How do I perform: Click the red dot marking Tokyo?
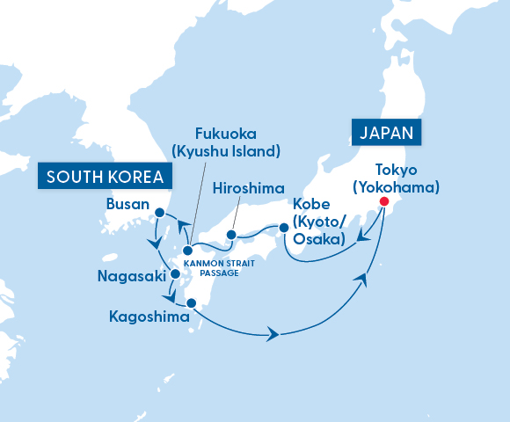(383, 201)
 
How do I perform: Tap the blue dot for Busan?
(159, 212)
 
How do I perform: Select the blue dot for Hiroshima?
(230, 235)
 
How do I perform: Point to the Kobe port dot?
(283, 229)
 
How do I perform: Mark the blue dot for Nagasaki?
(174, 275)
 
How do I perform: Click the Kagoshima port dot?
(192, 303)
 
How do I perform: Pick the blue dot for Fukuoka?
(187, 251)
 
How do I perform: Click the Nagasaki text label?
(130, 277)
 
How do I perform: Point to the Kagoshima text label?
(146, 315)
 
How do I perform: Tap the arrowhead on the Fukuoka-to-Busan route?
(184, 227)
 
